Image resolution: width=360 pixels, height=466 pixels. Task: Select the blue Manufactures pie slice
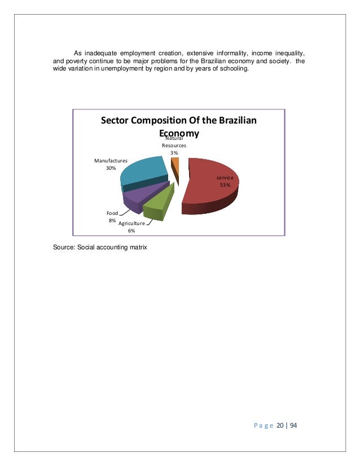[x=141, y=172]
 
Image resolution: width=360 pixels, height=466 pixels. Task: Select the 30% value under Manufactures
[x=111, y=168]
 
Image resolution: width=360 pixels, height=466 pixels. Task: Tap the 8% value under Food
[x=112, y=221]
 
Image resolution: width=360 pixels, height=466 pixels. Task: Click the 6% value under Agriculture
[x=131, y=230]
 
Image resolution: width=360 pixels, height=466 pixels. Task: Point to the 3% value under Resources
[x=174, y=152]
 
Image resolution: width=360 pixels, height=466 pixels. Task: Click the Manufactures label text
[x=111, y=161]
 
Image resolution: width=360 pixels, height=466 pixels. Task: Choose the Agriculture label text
[x=131, y=223]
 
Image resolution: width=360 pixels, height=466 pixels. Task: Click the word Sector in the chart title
[x=117, y=121]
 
